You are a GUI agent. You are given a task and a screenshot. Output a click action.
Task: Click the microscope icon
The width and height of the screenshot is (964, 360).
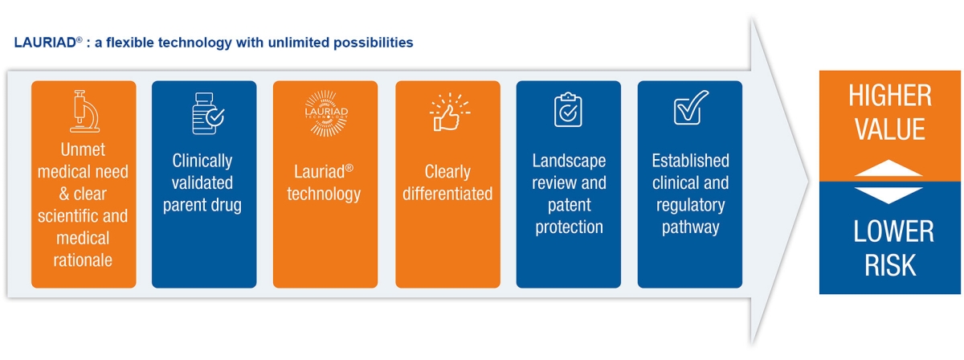tap(85, 111)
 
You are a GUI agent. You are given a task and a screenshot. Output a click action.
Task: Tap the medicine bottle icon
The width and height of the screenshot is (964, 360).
tap(207, 113)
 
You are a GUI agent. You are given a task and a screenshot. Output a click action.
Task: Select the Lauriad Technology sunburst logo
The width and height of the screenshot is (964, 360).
tap(326, 113)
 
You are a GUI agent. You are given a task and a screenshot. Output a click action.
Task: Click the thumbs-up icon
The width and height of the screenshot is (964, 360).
tap(449, 112)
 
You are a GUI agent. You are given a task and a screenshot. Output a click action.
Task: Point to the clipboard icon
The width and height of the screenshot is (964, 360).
tap(568, 110)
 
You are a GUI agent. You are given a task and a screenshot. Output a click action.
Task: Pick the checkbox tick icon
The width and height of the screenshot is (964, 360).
tap(691, 108)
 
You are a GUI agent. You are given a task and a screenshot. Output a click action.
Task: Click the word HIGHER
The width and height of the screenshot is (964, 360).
tap(890, 96)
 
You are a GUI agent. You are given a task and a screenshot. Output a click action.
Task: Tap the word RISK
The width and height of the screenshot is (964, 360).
tap(890, 265)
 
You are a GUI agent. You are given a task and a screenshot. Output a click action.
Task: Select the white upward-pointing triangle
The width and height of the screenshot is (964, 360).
tap(888, 169)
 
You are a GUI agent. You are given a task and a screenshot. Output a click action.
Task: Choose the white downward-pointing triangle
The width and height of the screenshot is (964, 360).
tap(888, 195)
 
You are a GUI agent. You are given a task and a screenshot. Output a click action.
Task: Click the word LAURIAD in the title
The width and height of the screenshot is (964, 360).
tap(45, 43)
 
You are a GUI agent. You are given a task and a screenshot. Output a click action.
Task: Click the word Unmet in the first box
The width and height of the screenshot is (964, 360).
tap(83, 149)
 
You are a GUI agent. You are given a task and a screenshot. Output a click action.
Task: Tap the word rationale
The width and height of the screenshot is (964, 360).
tap(83, 260)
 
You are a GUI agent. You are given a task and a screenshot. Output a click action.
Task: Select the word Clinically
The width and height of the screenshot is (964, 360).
tap(202, 161)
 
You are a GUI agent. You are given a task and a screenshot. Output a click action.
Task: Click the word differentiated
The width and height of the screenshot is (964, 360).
tap(447, 194)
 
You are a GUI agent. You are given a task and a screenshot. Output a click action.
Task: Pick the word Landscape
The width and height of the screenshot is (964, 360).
tap(569, 161)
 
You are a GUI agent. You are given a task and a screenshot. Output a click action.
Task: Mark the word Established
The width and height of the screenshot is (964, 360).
tap(690, 161)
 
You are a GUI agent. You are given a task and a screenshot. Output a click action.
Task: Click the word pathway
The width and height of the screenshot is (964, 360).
tap(690, 227)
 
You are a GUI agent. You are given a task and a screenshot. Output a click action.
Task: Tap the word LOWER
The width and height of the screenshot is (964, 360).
tap(893, 231)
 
